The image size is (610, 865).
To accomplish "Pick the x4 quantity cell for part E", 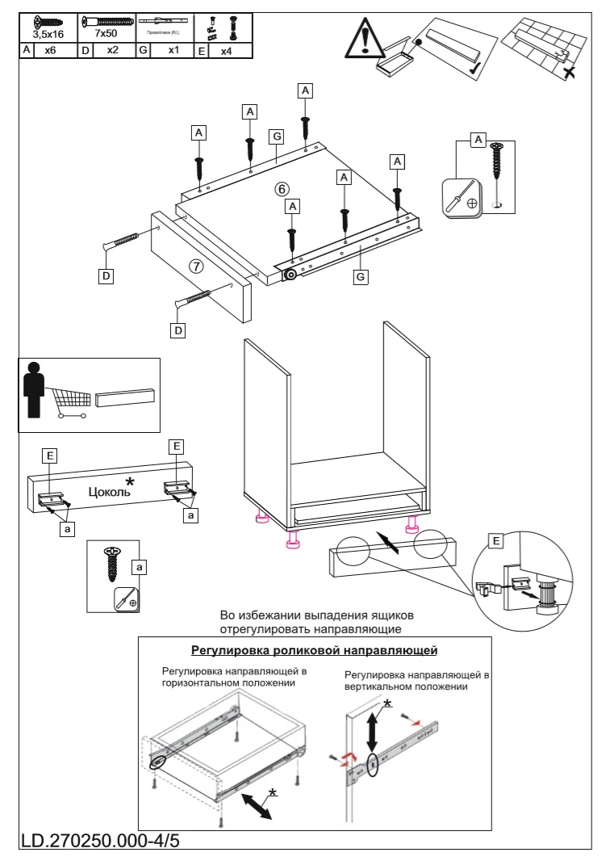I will [228, 50].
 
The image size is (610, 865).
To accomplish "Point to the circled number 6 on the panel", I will [282, 188].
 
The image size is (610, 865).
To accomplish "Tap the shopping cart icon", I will [71, 401].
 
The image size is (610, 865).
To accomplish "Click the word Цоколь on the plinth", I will [111, 490].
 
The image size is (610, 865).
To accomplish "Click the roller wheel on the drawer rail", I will [288, 275].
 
